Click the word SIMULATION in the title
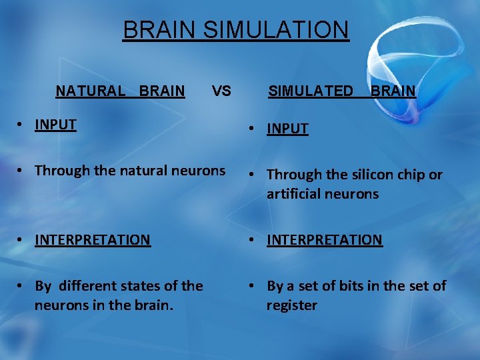tap(275, 30)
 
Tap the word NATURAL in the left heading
tap(90, 91)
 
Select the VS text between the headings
tap(221, 91)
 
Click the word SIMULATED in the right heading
tap(311, 91)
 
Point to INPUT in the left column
tap(55, 124)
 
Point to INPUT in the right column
tap(287, 129)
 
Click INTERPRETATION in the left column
tap(93, 239)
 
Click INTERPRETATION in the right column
tap(325, 239)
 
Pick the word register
tap(292, 305)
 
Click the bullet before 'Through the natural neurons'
tap(22, 171)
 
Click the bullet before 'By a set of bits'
tap(254, 287)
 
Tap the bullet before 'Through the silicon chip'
tap(254, 175)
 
